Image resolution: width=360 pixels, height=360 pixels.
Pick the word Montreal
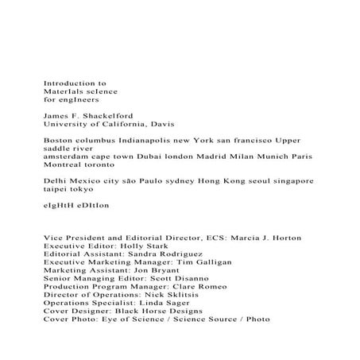65,167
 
